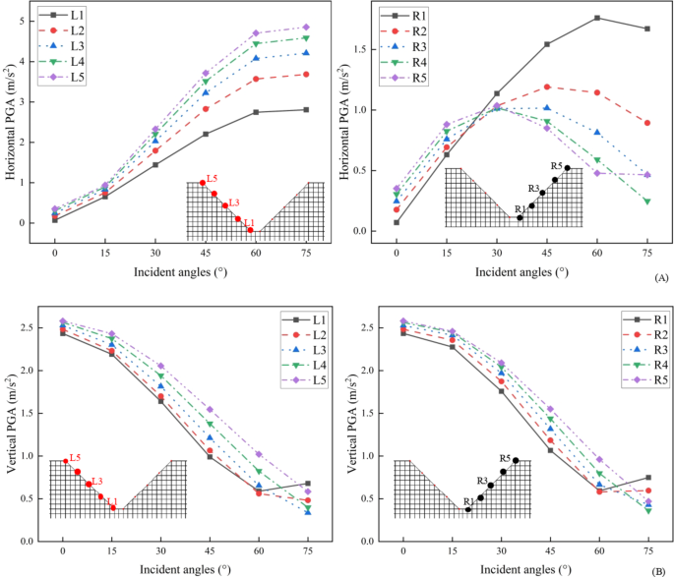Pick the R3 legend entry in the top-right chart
click(x=418, y=46)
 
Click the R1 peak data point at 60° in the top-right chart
click(x=597, y=18)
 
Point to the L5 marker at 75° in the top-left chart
click(x=306, y=28)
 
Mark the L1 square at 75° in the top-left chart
click(x=306, y=109)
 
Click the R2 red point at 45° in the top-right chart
click(x=547, y=87)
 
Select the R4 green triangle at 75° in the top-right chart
click(x=647, y=202)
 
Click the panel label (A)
click(x=660, y=280)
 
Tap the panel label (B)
click(x=660, y=566)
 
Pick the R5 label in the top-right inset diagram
click(x=556, y=165)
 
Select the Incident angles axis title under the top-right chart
click(x=521, y=266)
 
